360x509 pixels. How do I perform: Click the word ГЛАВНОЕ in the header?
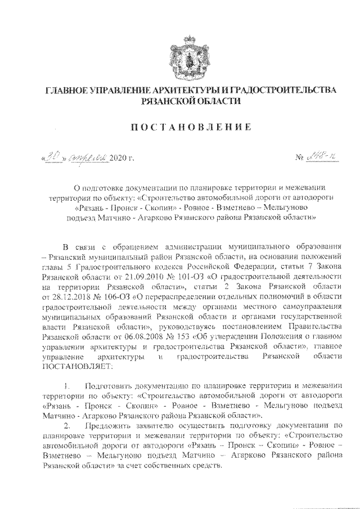coord(66,91)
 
